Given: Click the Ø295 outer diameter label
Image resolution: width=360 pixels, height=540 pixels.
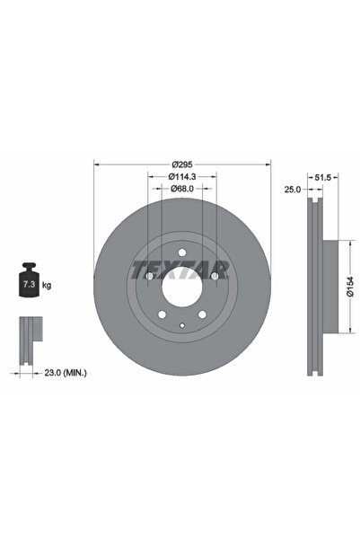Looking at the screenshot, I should coord(183,163).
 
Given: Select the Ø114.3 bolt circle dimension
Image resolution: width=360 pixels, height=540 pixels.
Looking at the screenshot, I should coord(183,177).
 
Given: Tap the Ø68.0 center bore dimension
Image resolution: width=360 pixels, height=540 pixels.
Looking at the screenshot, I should coord(183,190).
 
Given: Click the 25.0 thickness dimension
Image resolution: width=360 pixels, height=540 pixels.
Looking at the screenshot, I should coord(293,190).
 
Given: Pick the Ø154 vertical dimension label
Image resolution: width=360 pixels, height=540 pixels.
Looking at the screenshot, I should coord(351,286).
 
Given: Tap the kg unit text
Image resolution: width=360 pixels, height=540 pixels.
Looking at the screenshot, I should coord(47,285).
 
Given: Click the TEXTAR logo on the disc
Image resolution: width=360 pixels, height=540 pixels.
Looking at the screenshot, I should coord(182,269).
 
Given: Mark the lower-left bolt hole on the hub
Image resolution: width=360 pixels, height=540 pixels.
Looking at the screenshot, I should coord(162,315).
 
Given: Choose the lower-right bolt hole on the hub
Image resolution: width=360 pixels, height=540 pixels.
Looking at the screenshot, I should coord(203,315).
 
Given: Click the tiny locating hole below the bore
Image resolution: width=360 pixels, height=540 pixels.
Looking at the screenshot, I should coord(182,324).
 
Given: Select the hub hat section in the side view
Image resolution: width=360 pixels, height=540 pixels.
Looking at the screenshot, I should coord(331,286).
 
